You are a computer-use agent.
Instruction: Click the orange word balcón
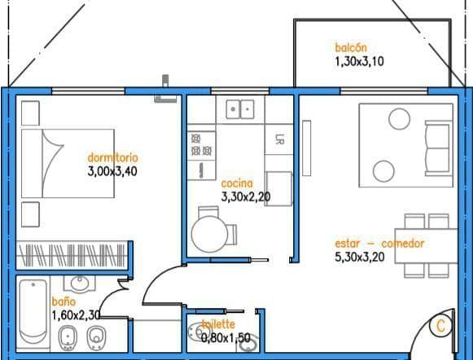(x=351, y=48)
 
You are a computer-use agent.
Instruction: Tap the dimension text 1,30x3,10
(x=359, y=62)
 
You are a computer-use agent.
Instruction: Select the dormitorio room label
(x=112, y=157)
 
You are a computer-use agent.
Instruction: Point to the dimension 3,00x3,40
(x=112, y=171)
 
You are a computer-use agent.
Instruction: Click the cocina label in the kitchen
(x=237, y=183)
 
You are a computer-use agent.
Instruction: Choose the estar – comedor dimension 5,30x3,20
(x=360, y=257)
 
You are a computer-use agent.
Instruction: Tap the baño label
(x=64, y=301)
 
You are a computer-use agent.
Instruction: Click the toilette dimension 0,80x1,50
(x=226, y=338)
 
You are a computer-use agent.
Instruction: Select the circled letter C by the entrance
(x=440, y=326)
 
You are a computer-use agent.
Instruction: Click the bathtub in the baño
(x=33, y=311)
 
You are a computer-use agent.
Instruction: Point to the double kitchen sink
(x=240, y=109)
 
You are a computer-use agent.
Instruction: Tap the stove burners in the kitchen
(x=202, y=145)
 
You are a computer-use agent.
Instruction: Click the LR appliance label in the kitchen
(x=278, y=139)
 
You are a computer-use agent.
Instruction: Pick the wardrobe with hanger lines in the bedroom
(x=72, y=256)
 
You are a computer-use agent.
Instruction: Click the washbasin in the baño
(x=80, y=283)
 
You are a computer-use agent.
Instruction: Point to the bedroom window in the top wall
(x=88, y=91)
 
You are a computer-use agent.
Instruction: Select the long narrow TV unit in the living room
(x=306, y=148)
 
